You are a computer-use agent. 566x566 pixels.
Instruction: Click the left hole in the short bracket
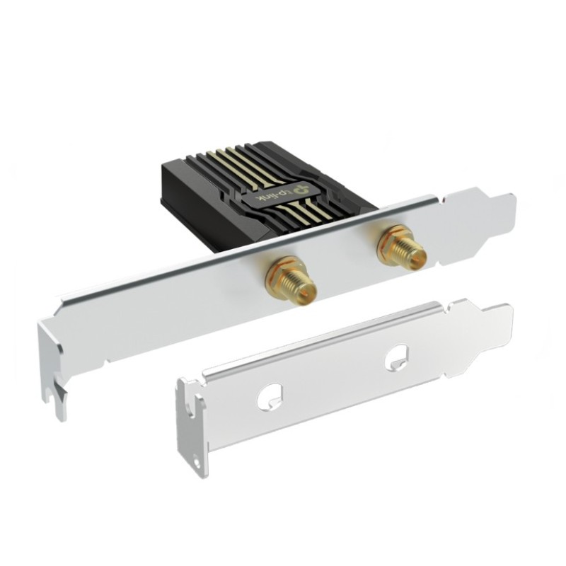(x=270, y=397)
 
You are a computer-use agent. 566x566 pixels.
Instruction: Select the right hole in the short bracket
(x=396, y=357)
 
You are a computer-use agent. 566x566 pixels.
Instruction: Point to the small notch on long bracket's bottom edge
(x=105, y=364)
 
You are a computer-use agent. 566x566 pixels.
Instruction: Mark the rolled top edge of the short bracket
(x=318, y=340)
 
